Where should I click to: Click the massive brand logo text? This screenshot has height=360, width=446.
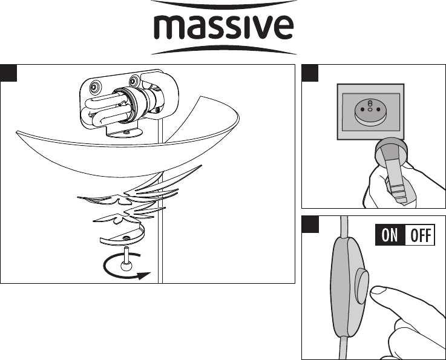coord(223,27)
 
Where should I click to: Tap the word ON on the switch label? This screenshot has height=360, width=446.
coord(390,235)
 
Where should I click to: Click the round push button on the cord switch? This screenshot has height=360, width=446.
coord(361,286)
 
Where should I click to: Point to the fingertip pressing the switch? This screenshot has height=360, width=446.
coord(378,292)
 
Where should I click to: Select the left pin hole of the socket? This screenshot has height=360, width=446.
coord(362,109)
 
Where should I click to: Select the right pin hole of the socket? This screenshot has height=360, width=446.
coord(378,109)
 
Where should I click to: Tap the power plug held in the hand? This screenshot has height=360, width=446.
coord(395,168)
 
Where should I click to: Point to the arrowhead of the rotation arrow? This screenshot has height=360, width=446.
coord(144,275)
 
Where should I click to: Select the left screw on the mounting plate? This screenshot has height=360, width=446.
coord(95,85)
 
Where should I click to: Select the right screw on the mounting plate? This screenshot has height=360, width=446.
coord(134,81)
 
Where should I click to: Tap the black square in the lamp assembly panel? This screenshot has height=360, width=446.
coord(8,73)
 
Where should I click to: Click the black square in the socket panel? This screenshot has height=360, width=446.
coord(310,73)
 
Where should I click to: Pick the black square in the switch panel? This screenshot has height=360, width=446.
coord(310,224)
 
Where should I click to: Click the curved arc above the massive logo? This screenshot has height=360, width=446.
coord(223,4)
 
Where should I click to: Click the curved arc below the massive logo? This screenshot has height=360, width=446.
coord(223,50)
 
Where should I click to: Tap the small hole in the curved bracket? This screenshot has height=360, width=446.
coord(126,237)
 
